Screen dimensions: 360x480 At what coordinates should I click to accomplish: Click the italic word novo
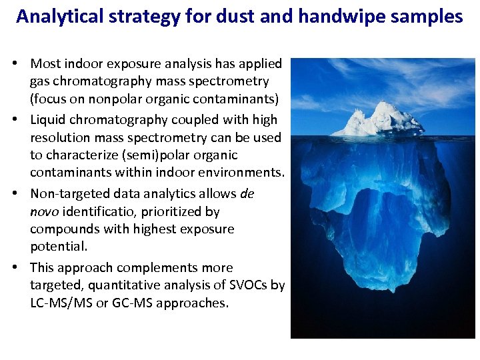click(44, 211)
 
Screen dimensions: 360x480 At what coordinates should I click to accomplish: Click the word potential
click(57, 246)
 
